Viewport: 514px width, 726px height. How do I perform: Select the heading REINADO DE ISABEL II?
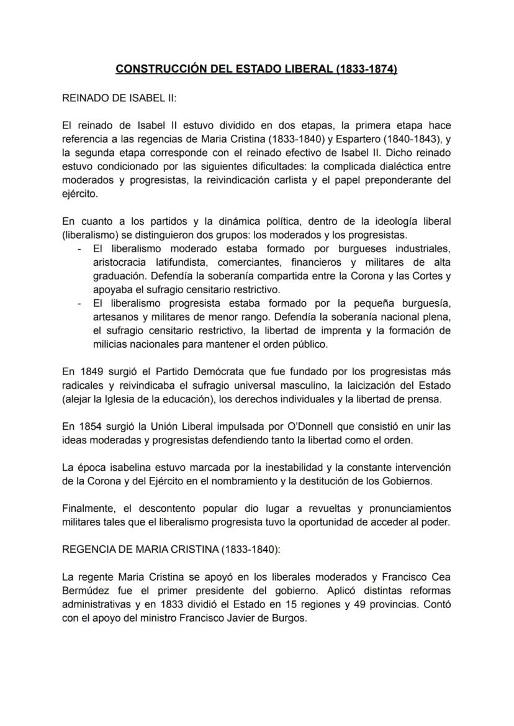[x=119, y=98]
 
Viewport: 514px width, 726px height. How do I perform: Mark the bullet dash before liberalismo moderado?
[x=79, y=249]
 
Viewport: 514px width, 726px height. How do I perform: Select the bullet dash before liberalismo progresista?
[x=79, y=304]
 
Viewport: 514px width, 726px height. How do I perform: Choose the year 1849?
[x=89, y=372]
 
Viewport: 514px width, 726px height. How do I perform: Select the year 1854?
[x=89, y=427]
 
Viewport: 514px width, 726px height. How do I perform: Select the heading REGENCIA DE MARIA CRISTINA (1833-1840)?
[x=173, y=549]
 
